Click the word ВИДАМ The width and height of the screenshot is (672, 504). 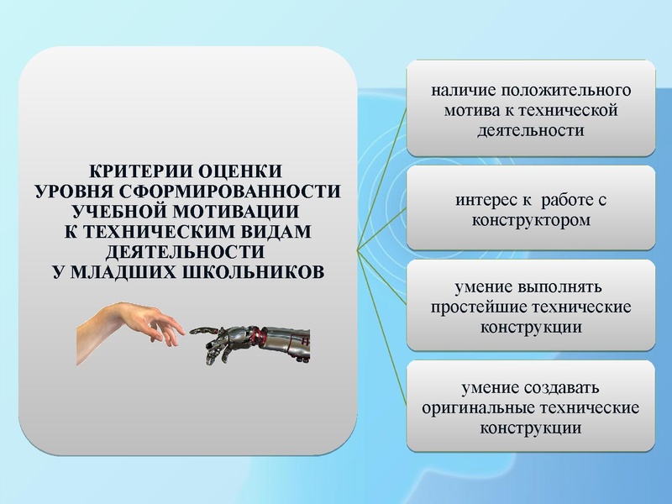(272, 231)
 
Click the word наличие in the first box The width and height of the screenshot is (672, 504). (461, 89)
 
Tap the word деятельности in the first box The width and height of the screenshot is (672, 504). (530, 130)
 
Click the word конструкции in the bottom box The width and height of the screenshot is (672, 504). (530, 428)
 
